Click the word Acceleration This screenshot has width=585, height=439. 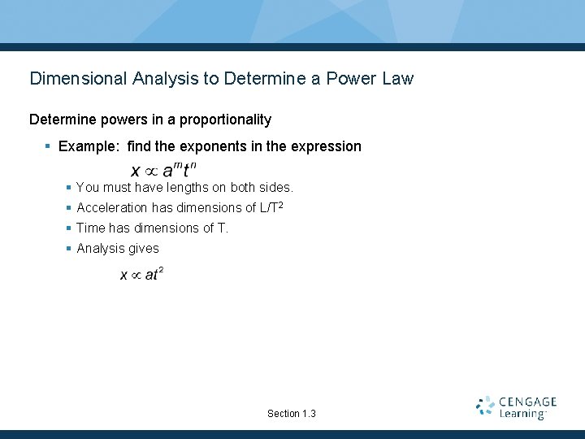click(112, 208)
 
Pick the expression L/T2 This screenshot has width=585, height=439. click(271, 207)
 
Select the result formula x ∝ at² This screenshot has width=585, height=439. click(142, 274)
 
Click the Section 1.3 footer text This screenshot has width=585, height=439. click(292, 414)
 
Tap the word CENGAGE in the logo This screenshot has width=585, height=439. click(528, 402)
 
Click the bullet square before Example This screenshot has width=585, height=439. click(49, 146)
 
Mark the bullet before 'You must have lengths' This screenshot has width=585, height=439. click(69, 188)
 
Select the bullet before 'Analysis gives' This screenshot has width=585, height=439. click(69, 249)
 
